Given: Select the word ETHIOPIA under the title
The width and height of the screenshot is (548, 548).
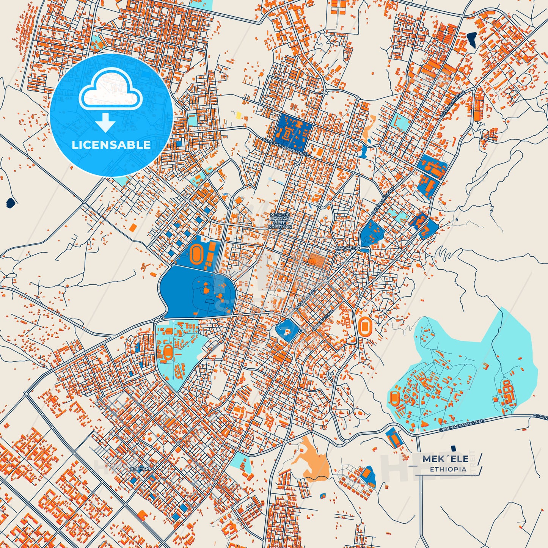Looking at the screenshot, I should (x=448, y=469).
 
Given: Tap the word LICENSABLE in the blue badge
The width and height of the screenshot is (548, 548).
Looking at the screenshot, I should (x=111, y=145).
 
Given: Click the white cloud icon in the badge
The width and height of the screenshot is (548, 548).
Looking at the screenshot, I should (x=110, y=90).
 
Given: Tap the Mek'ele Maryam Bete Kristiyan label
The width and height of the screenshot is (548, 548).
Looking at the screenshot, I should (x=280, y=221).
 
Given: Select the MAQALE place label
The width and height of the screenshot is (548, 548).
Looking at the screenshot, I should (x=345, y=248).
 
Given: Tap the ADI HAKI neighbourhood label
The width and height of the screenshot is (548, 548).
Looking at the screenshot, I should (x=140, y=469).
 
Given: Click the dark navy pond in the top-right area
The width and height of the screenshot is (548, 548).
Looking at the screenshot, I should (x=472, y=39).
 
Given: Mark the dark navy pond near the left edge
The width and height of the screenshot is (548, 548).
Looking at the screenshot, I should (x=11, y=203).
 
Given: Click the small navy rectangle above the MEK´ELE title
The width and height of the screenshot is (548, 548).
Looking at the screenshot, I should (x=453, y=448).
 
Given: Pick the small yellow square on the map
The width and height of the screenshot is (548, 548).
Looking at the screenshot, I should (x=239, y=115).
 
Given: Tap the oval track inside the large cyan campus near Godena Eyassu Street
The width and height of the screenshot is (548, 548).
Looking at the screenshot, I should (x=395, y=398).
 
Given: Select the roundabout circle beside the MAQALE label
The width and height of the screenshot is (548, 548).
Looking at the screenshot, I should (x=359, y=249).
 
